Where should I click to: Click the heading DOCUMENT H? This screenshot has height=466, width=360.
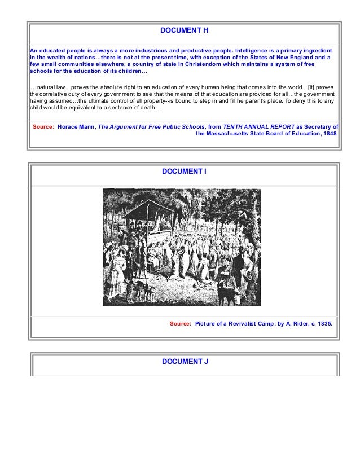(x=185, y=29)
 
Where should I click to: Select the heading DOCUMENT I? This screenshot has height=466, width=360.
(x=185, y=171)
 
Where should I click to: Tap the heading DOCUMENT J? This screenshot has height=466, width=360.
(x=185, y=361)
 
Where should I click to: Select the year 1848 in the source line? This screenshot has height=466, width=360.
(x=330, y=135)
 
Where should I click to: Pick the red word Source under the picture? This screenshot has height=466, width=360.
(x=180, y=324)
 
